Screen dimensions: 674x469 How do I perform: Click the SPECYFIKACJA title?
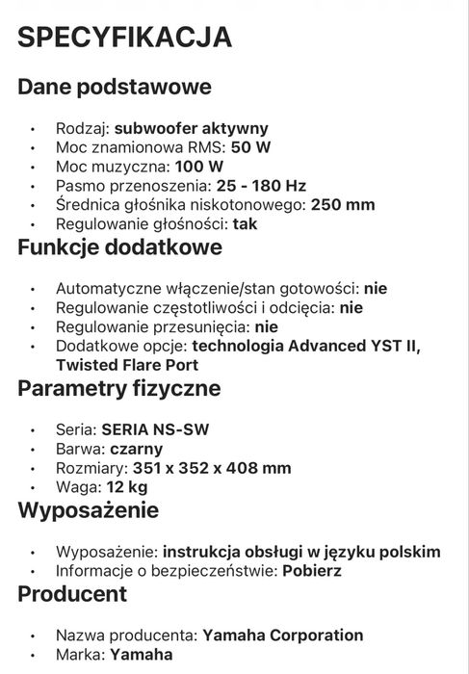click(125, 38)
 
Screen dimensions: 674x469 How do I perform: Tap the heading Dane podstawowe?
click(115, 87)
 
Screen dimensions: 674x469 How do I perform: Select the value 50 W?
click(252, 147)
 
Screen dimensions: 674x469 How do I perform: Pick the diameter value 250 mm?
click(341, 204)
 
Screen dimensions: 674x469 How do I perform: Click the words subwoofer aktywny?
click(191, 128)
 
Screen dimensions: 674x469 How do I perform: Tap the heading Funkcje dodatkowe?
click(120, 246)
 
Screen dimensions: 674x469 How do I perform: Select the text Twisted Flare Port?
click(127, 365)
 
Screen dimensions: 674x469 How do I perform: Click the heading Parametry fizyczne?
click(119, 388)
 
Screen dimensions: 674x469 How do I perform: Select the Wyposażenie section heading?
click(89, 509)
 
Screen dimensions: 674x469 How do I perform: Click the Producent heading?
click(72, 593)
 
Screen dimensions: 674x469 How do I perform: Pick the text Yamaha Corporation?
click(282, 635)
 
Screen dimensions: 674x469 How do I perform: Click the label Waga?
click(75, 487)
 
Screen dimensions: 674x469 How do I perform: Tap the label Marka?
click(79, 655)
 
